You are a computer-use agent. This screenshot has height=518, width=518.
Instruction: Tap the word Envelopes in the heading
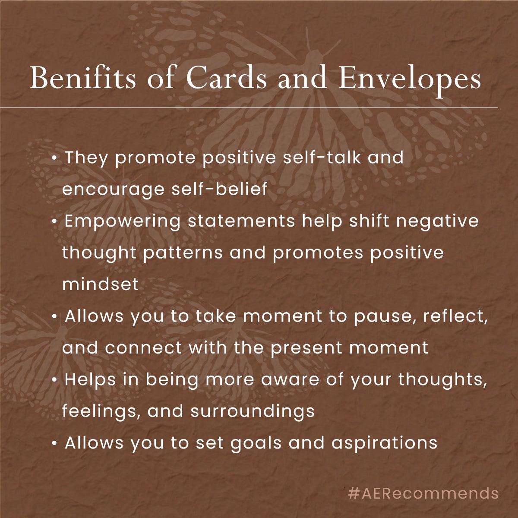409,79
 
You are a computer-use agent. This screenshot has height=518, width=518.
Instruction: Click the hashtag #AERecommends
423,493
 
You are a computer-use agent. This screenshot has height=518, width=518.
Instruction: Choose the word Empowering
123,221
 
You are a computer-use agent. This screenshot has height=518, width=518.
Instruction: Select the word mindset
101,284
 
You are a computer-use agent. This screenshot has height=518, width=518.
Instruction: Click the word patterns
183,253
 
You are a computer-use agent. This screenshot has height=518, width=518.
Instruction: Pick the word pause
385,316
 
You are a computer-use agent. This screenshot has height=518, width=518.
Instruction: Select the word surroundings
253,411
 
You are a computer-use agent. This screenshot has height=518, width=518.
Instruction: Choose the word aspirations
384,443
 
